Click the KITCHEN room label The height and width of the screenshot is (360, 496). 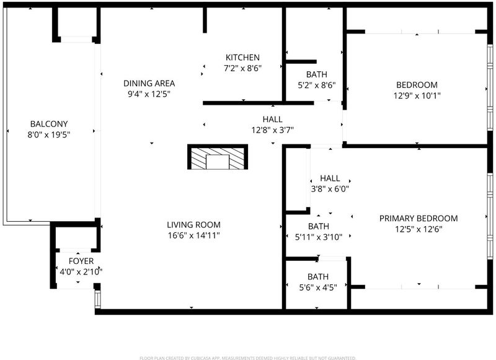242,58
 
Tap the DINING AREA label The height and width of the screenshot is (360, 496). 149,84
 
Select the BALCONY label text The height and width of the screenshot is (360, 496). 49,124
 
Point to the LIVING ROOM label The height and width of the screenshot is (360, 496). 193,225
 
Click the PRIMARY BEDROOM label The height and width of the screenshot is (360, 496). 418,218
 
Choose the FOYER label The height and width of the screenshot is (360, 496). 81,261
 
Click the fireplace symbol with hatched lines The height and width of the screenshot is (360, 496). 218,157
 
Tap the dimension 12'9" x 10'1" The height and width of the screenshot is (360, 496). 417,95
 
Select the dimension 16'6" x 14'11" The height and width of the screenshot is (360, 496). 193,235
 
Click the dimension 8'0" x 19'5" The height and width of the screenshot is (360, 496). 49,135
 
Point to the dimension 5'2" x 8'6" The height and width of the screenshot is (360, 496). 317,86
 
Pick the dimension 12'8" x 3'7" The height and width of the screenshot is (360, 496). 273,130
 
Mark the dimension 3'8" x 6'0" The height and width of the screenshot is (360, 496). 330,189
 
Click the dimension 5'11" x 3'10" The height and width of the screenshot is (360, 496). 319,237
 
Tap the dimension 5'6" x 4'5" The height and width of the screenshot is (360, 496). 318,288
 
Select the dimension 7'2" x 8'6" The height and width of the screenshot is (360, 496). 242,68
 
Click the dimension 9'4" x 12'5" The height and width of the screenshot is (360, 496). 149,94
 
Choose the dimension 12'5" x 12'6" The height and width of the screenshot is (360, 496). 418,229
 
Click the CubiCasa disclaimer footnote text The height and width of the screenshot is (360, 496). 247,358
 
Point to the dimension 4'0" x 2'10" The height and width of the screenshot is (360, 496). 81,272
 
